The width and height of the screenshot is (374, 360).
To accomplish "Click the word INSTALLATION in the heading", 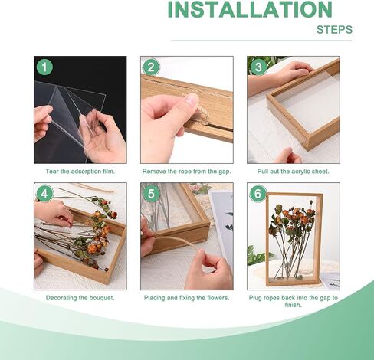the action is coord(250,9).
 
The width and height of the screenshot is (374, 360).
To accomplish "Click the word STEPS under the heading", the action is coord(334,30).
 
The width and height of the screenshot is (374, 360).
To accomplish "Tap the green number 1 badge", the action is coord(44,67).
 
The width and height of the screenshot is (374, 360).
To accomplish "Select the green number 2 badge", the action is coord(151,67).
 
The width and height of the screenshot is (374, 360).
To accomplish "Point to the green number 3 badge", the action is coord(258,67).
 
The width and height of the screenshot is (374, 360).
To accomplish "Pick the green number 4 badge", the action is coord(44,194).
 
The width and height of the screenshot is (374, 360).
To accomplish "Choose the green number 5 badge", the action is coord(151,194).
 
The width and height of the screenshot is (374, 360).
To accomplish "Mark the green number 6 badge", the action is coord(258,194).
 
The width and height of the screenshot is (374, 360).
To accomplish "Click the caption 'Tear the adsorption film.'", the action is coord(80,172).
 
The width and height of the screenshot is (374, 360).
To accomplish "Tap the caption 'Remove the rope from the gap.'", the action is coord(186,172).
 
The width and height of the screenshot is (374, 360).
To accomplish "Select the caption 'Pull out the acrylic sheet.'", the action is coord(293,172).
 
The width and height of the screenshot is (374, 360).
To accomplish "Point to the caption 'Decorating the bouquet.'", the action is coord(80,298).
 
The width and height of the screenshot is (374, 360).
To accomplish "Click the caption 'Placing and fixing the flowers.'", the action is coord(187,298).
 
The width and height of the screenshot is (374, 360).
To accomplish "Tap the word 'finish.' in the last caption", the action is coord(293,305).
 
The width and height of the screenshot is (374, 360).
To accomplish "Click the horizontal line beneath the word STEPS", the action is coord(261,41).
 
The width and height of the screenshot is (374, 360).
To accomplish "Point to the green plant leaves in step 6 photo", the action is coord(257,255).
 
